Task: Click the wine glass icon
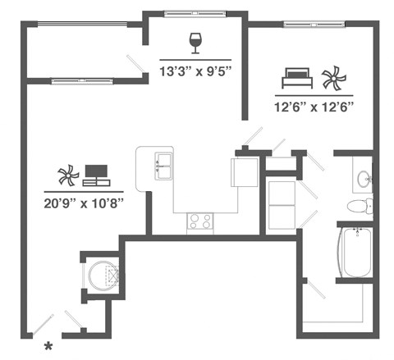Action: point(195,42)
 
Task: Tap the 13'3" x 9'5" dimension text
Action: point(195,71)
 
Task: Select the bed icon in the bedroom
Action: point(296,80)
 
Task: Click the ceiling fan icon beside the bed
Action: point(332,80)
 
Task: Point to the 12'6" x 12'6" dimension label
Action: point(314,105)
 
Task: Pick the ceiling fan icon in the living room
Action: point(67,175)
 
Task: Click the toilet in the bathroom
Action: point(360,205)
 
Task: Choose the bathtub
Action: point(358,253)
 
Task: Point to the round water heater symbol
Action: point(103,275)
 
